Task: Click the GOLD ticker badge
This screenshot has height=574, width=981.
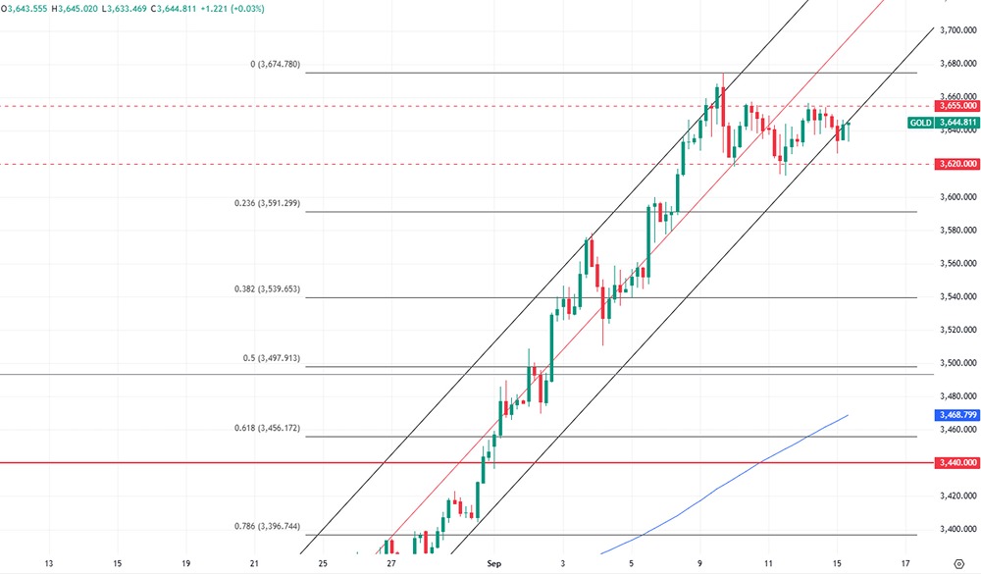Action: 920,123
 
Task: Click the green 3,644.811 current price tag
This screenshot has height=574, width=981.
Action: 956,123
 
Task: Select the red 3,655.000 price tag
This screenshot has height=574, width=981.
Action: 956,105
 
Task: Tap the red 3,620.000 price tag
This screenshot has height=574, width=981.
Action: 956,164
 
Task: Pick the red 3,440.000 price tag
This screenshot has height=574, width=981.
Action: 956,461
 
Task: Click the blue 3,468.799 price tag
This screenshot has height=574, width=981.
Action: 956,416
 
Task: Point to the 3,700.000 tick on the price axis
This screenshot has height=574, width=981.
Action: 956,31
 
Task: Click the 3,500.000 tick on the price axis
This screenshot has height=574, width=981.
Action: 956,363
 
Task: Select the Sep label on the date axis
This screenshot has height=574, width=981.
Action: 494,564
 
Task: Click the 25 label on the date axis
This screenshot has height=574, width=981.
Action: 323,564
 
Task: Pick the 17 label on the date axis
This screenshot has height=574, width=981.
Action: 904,564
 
